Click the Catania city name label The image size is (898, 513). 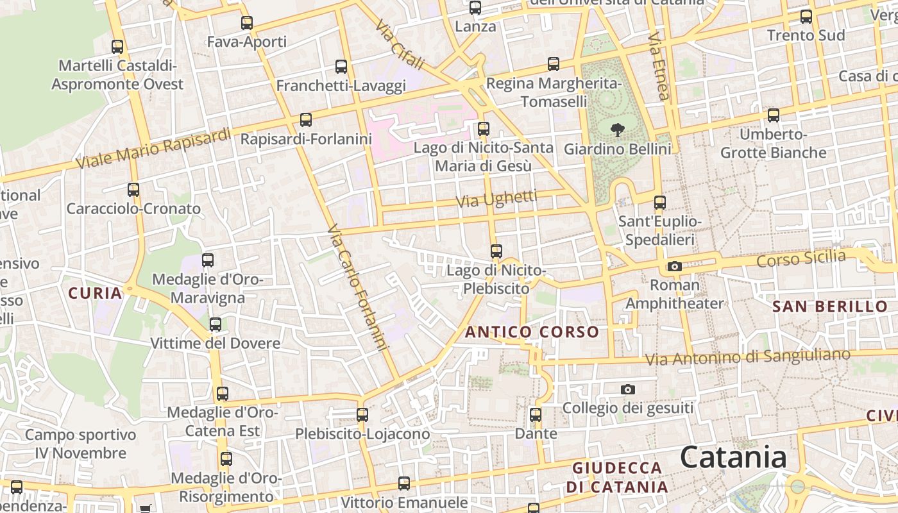pos(733,458)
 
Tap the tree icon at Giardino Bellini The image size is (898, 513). pos(618,130)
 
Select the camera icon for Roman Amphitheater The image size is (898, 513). pos(674,266)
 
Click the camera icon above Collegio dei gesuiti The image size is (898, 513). pos(628,389)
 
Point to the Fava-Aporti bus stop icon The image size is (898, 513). pos(247,23)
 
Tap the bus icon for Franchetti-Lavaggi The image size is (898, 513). pos(341,67)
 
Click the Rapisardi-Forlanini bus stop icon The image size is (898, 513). pos(306,120)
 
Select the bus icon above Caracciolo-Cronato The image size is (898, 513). pos(133,190)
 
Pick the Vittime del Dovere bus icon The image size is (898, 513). pos(216,324)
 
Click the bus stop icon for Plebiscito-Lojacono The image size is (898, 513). pos(362,415)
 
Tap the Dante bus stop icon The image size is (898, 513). pos(536,415)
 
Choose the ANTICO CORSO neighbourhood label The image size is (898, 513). pos(532,332)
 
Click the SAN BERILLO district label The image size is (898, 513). pos(829,307)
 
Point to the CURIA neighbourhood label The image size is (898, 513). pos(95,294)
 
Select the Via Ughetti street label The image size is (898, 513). pos(496,199)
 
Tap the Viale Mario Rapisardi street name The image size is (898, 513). pos(153,149)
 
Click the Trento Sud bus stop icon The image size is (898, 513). pos(806,17)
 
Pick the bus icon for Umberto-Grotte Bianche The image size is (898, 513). pos(774,115)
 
